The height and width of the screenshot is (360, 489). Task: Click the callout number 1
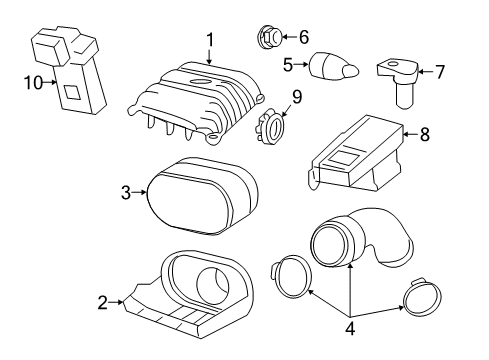[x=210, y=40]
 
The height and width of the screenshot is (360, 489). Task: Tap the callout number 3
[x=126, y=193]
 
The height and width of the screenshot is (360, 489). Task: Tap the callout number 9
[x=296, y=97]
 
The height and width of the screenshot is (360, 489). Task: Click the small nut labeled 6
[x=267, y=38]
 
